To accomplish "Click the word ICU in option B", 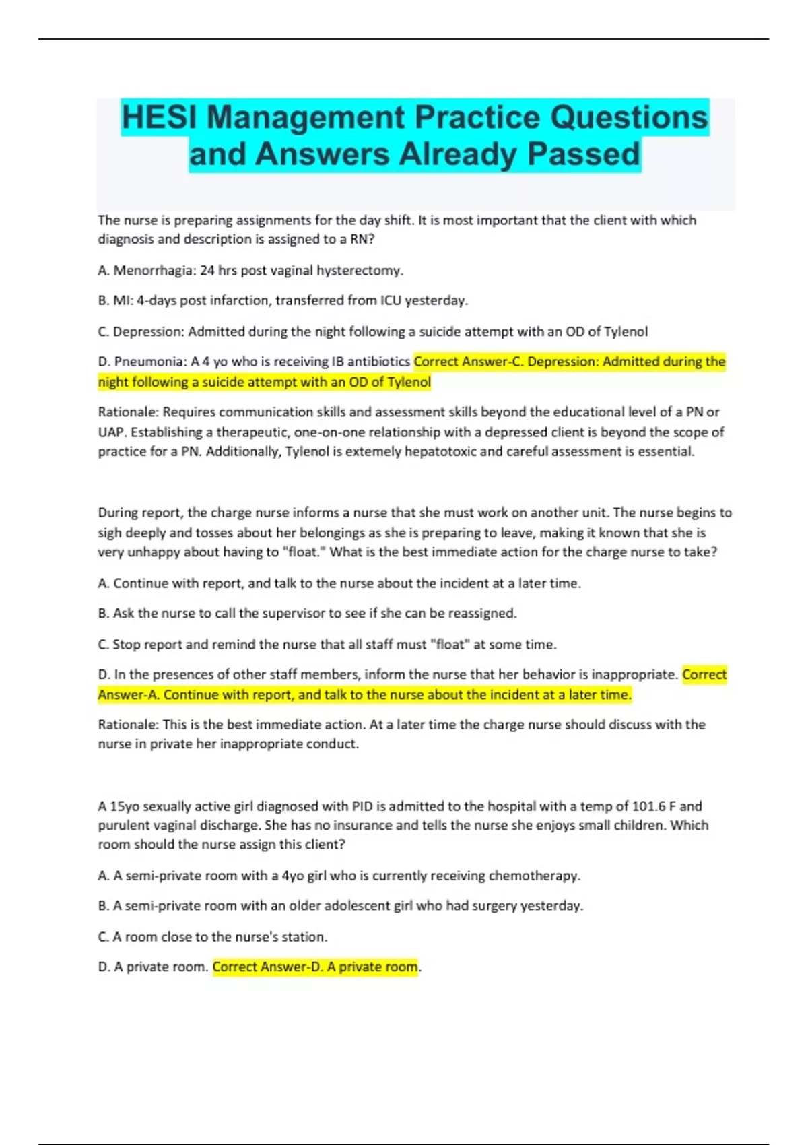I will pyautogui.click(x=391, y=300).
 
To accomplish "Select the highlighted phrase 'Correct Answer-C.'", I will pyautogui.click(x=469, y=362).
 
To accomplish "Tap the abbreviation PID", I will pyautogui.click(x=362, y=806).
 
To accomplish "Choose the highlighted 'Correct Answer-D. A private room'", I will pyautogui.click(x=315, y=967).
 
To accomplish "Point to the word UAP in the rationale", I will pyautogui.click(x=110, y=432).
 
